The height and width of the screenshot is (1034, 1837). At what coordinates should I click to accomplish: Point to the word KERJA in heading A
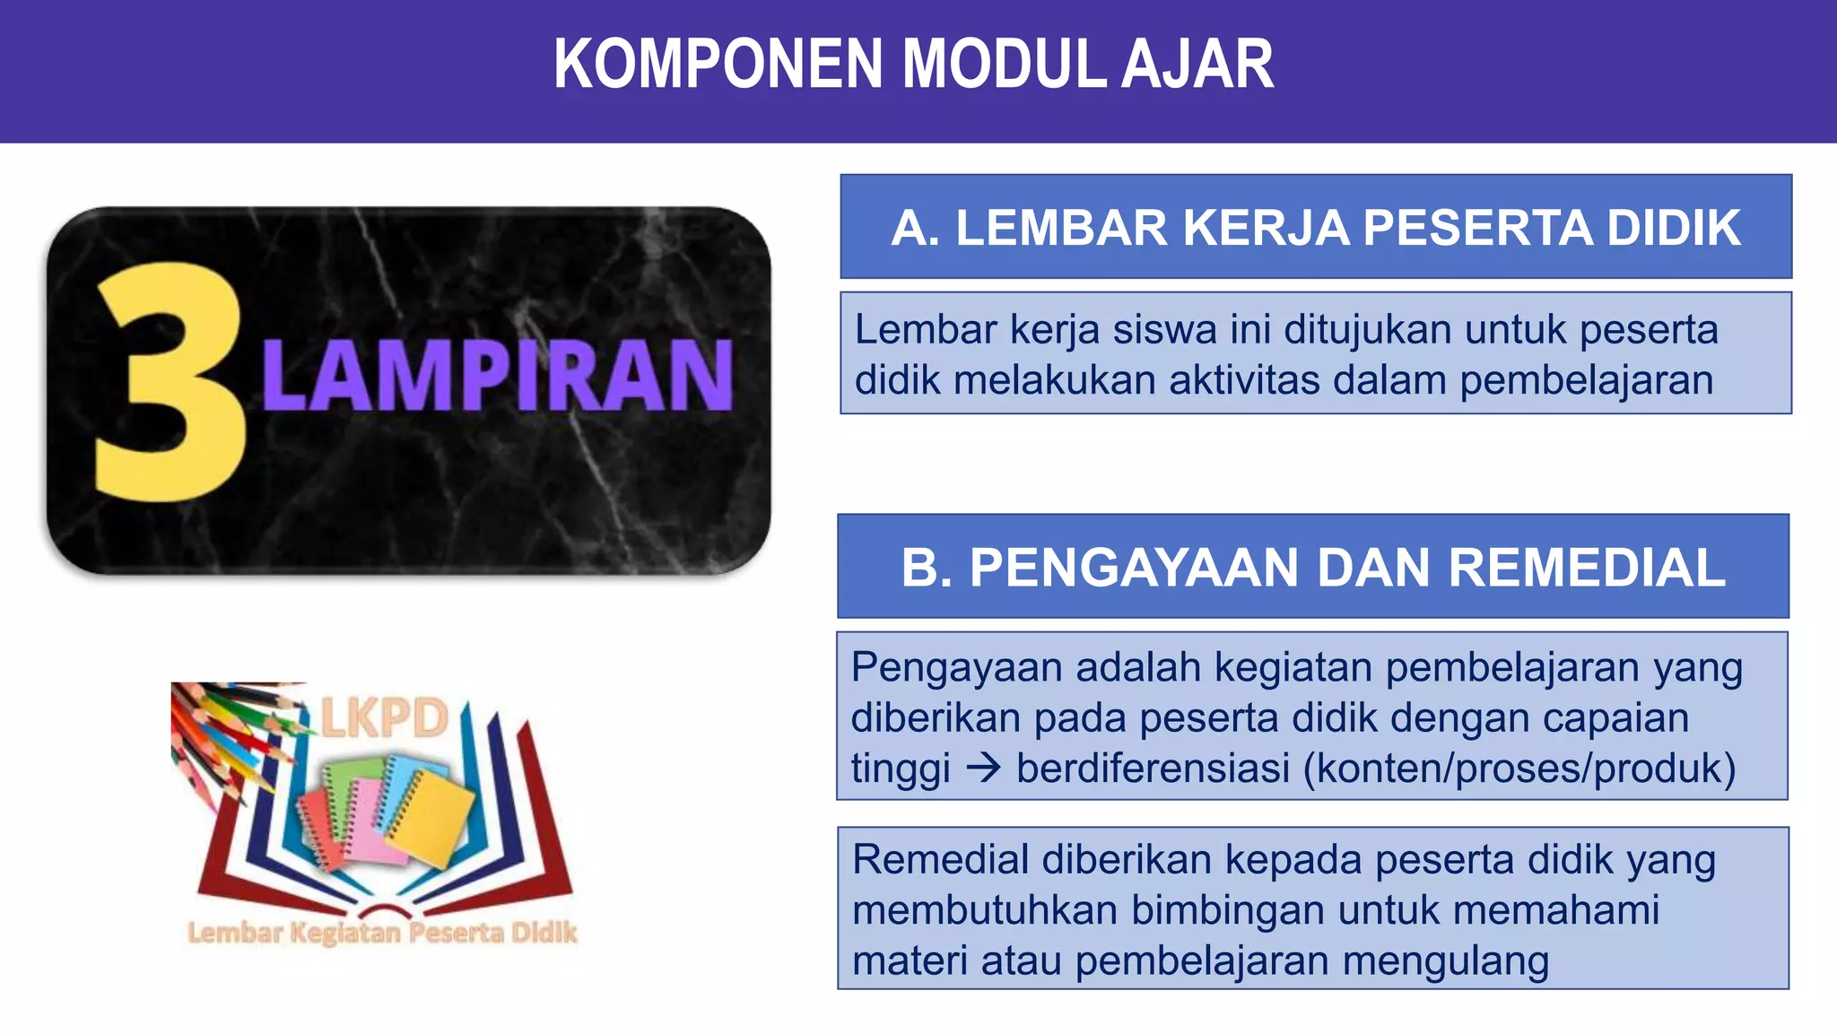(x=1266, y=228)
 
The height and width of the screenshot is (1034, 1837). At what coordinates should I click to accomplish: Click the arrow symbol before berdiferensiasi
(x=984, y=769)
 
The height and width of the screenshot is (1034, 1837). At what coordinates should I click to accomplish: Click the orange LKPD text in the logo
(x=385, y=717)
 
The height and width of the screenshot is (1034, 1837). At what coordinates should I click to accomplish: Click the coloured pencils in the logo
(x=224, y=731)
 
